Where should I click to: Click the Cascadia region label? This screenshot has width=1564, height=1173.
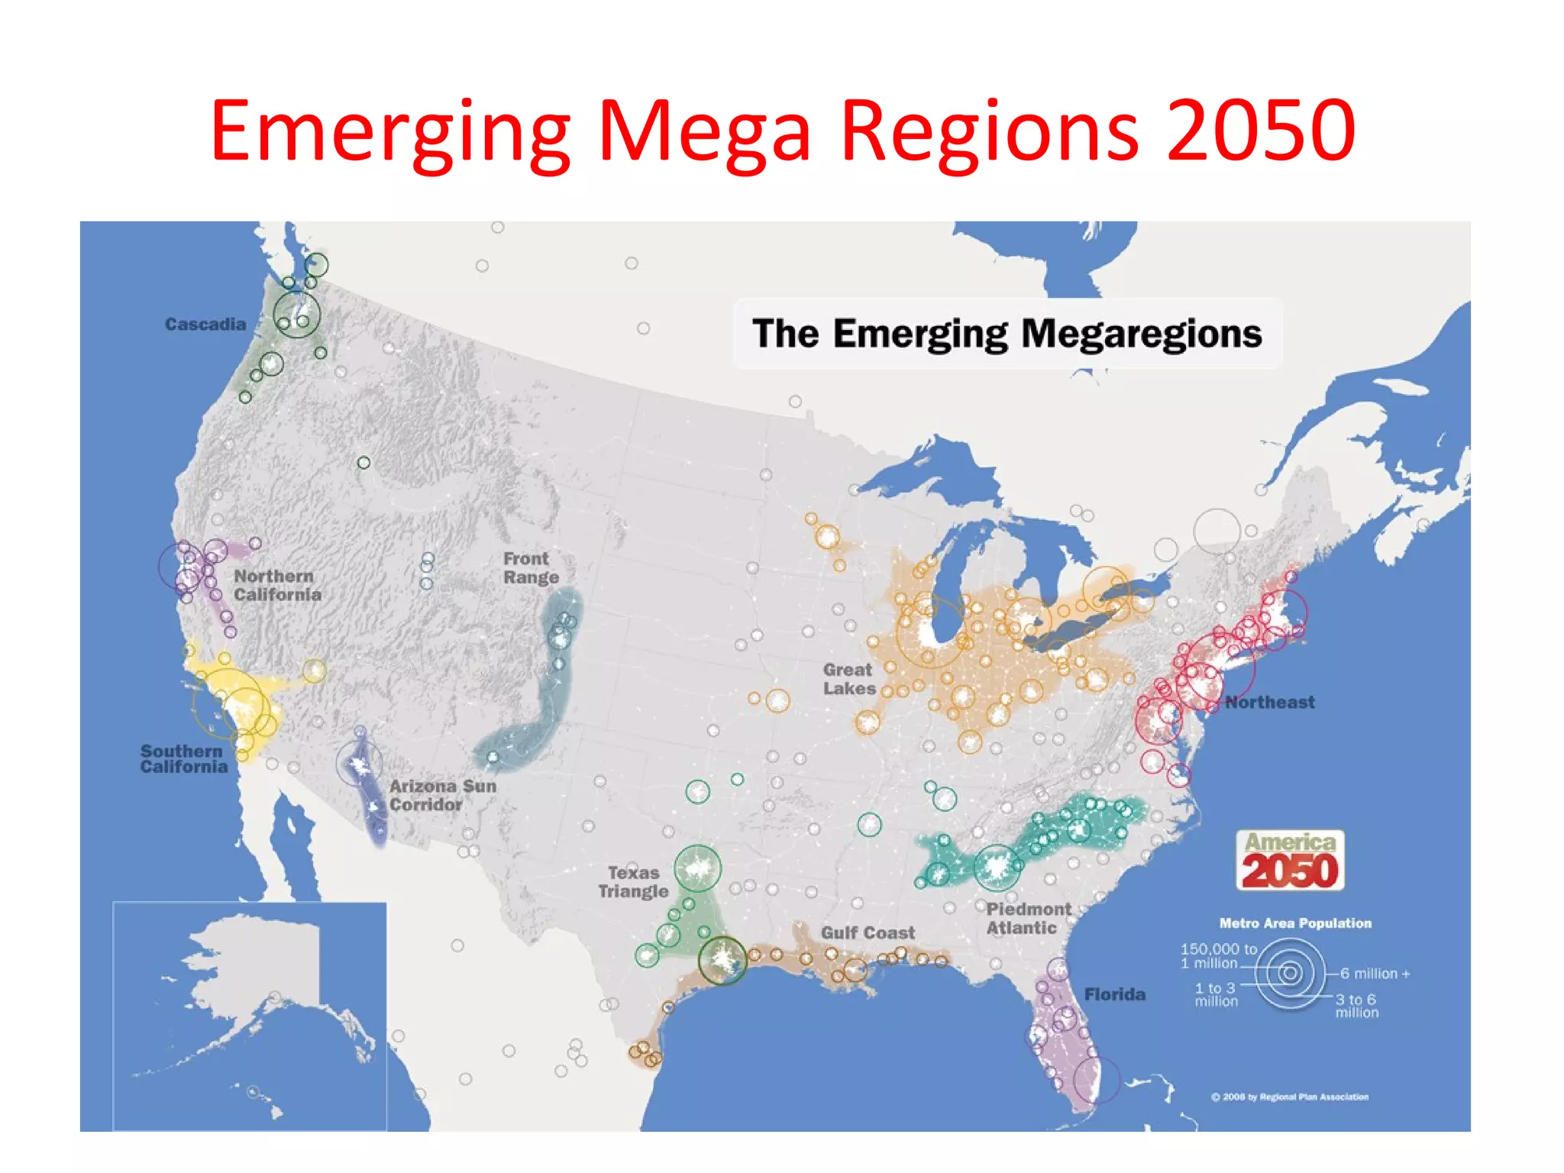[205, 325]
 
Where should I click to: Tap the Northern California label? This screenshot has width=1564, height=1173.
[277, 586]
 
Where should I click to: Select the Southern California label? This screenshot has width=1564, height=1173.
[184, 759]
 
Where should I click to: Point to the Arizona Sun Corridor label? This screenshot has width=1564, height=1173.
[443, 795]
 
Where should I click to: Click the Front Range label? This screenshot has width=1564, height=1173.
[531, 568]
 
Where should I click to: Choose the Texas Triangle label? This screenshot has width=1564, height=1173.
[633, 882]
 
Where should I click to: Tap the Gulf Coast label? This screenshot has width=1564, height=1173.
[868, 932]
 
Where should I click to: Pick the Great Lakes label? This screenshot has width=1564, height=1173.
[849, 679]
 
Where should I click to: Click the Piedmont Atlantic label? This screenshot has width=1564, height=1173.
[1028, 919]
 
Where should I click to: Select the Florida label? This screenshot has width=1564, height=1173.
[1114, 994]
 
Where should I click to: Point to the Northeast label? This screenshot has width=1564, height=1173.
[1270, 703]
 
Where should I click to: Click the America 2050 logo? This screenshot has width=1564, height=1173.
[1290, 861]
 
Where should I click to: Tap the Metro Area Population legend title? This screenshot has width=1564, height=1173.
[1295, 923]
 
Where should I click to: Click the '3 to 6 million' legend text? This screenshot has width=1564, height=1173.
[1356, 1006]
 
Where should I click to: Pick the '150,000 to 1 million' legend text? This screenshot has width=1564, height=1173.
[1218, 955]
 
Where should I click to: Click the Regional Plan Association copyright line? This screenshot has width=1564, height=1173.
[1290, 1097]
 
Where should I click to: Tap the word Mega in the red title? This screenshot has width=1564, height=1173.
[703, 131]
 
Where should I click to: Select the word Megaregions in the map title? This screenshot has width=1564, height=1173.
[1141, 334]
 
